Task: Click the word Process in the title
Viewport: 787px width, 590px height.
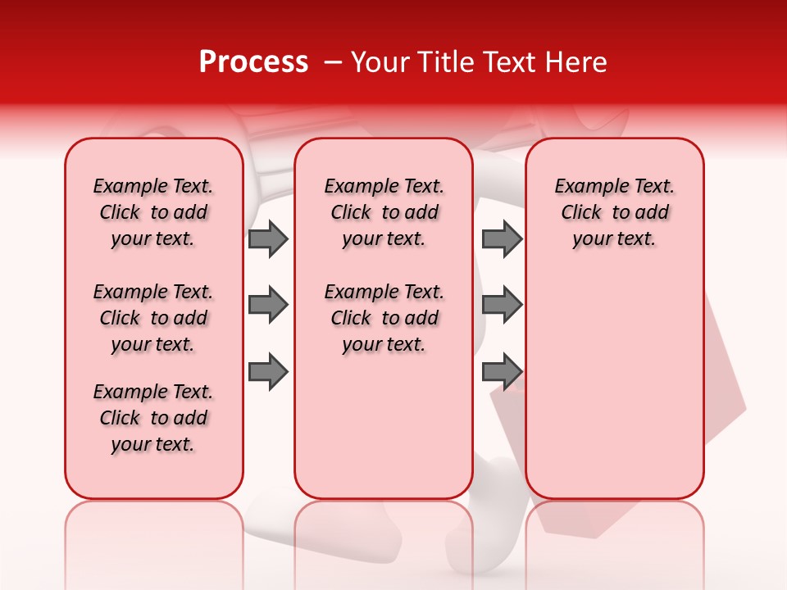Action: point(253,62)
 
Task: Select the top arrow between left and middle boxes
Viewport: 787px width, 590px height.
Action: point(268,239)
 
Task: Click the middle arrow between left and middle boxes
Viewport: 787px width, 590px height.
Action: point(268,306)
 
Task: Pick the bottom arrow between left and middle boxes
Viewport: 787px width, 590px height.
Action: point(268,372)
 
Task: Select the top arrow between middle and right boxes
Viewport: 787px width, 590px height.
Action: point(502,239)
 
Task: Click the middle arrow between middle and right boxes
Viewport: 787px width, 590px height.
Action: point(502,306)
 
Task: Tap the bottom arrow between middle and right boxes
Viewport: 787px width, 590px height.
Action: point(502,372)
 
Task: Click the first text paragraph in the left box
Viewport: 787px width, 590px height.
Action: point(153,212)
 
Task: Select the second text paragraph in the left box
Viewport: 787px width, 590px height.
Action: point(153,318)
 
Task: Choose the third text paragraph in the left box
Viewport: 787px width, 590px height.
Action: point(153,418)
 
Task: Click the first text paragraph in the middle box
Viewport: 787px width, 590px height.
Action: point(384,212)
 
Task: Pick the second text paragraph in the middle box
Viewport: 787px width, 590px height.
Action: point(384,318)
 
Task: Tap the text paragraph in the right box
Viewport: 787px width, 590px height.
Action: point(614,212)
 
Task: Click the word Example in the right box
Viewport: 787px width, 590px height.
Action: point(589,187)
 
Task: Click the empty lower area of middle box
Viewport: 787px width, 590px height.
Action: point(384,426)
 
